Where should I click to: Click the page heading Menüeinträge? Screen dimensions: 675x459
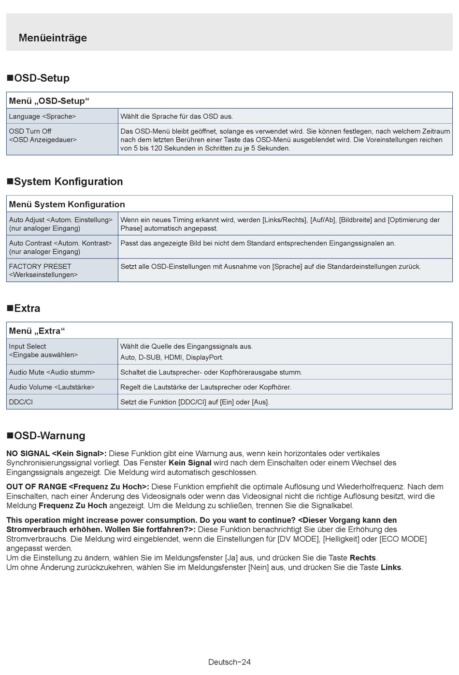pyautogui.click(x=53, y=38)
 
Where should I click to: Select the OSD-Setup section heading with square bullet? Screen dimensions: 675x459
pyautogui.click(x=38, y=78)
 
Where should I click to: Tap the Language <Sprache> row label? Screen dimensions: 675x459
pyautogui.click(x=43, y=116)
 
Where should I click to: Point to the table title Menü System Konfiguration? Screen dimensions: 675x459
pyautogui.click(x=67, y=204)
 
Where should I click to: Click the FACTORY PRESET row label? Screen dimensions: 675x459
pyautogui.click(x=43, y=270)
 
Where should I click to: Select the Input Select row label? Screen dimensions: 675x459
pyautogui.click(x=43, y=350)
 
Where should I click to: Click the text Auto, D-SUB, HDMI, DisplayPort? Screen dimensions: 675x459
pyautogui.click(x=172, y=358)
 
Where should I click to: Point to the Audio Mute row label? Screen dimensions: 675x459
pyautogui.click(x=52, y=372)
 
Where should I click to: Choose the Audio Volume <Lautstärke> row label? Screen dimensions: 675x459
pyautogui.click(x=52, y=387)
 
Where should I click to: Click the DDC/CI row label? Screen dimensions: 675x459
pyautogui.click(x=21, y=402)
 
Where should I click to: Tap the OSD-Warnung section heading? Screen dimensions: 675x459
pyautogui.click(x=46, y=436)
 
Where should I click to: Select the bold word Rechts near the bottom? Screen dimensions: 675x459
pyautogui.click(x=362, y=558)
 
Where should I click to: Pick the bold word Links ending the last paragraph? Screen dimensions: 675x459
pyautogui.click(x=391, y=567)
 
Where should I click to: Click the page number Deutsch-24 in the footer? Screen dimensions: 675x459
pyautogui.click(x=229, y=662)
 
